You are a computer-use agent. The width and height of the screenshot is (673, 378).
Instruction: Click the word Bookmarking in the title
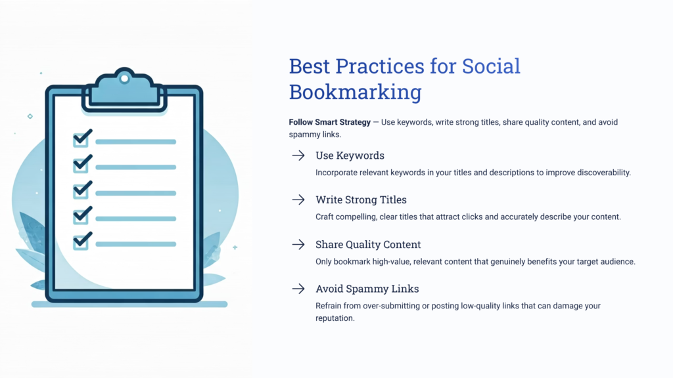(x=355, y=92)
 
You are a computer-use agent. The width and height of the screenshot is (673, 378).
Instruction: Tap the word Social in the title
(x=491, y=66)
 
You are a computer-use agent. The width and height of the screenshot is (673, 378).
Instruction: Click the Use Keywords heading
(x=350, y=156)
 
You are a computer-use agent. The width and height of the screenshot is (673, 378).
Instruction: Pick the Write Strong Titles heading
(x=361, y=199)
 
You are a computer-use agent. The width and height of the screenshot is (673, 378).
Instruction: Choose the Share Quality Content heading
(x=368, y=244)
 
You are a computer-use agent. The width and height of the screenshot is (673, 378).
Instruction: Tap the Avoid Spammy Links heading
(x=367, y=289)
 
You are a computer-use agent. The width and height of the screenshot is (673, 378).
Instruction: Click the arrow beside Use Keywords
(x=298, y=156)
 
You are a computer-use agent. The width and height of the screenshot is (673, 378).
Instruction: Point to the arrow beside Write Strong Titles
(x=298, y=199)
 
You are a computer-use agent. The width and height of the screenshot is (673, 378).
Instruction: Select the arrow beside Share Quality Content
(x=298, y=244)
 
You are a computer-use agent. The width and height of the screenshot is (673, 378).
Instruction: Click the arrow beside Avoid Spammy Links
(x=298, y=289)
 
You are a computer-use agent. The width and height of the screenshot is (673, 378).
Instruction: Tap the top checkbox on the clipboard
(x=81, y=139)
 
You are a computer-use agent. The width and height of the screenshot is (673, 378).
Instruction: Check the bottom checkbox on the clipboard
(x=81, y=242)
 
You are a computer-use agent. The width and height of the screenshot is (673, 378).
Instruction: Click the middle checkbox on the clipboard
(x=81, y=191)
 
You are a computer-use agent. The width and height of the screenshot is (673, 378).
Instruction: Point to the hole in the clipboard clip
(x=124, y=79)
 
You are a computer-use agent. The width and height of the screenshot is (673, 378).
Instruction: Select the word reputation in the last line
(x=335, y=318)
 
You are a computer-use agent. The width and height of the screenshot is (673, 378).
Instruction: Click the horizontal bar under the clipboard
(x=129, y=304)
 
